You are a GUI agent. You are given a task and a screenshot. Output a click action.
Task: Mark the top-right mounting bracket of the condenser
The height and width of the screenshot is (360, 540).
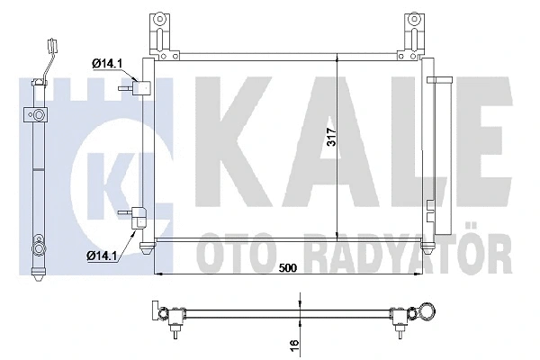pyautogui.click(x=415, y=28)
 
